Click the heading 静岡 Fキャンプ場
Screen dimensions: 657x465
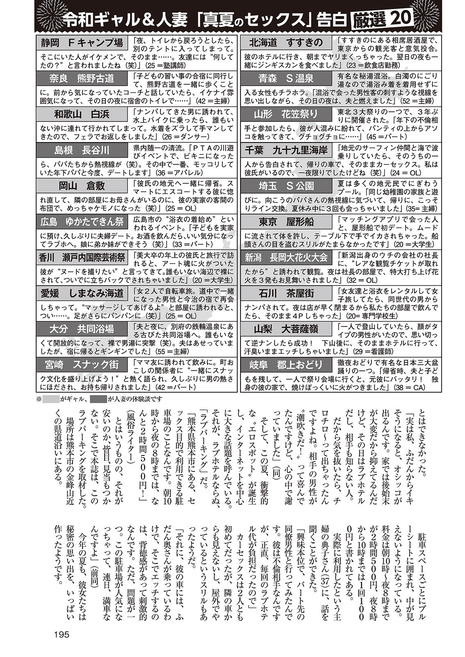(82, 43)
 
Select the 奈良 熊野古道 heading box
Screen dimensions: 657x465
(82, 78)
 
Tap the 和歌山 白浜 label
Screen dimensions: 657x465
(82, 114)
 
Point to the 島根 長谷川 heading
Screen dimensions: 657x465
(82, 150)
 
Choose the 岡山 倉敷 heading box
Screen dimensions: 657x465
(82, 186)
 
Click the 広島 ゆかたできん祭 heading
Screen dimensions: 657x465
(82, 222)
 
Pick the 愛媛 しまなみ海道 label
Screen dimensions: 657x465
(82, 293)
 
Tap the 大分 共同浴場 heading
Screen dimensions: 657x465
(82, 329)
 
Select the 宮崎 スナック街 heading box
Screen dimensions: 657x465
(82, 365)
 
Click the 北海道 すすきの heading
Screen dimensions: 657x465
(286, 43)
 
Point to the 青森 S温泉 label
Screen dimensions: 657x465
(286, 78)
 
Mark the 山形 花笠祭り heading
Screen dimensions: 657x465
(286, 114)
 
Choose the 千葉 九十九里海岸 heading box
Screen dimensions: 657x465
(286, 150)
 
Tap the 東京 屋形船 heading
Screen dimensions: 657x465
(286, 222)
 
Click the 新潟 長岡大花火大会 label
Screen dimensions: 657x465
(286, 257)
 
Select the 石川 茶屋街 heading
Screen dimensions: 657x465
(286, 293)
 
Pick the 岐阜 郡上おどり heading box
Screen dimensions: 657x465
(286, 365)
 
